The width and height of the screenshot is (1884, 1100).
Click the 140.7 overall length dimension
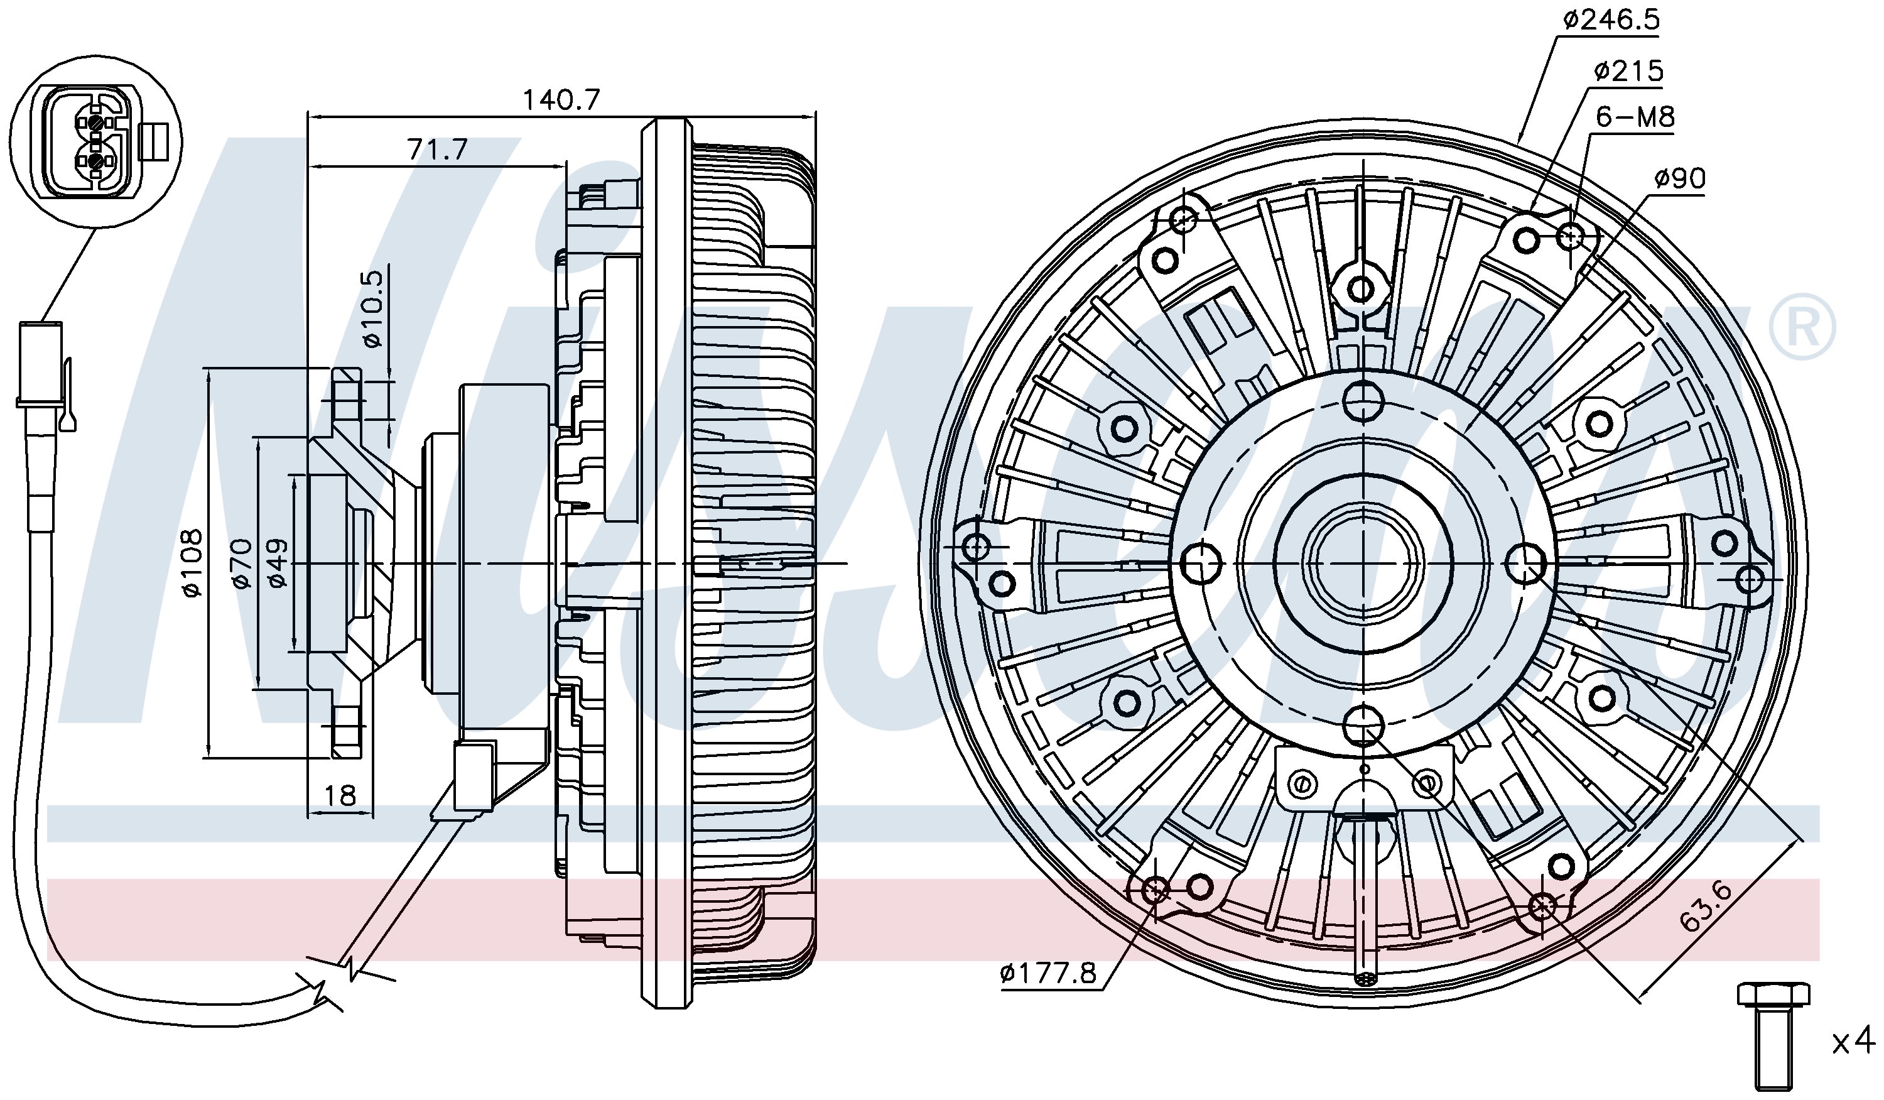(561, 99)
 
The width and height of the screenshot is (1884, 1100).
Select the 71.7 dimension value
(437, 150)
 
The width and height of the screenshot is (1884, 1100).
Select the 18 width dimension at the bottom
(340, 795)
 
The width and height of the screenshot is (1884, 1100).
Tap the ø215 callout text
(1628, 72)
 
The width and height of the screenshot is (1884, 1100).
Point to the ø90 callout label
(1679, 178)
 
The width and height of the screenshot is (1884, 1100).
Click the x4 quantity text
(1852, 1042)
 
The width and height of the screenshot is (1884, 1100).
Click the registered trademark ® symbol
(1801, 327)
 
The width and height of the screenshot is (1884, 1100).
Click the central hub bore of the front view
(1363, 562)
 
